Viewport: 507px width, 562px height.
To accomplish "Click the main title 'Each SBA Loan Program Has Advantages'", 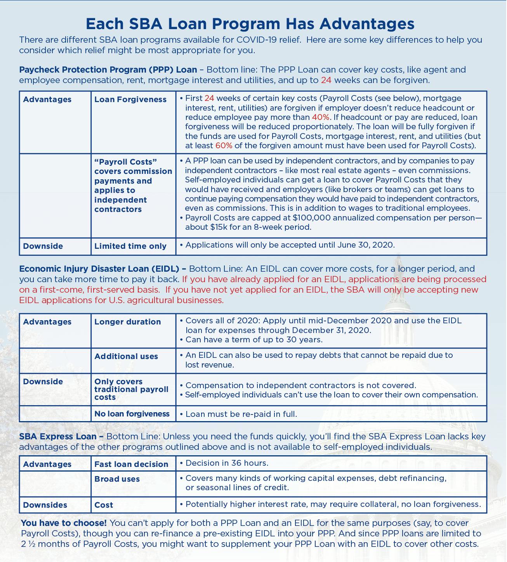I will point(250,24).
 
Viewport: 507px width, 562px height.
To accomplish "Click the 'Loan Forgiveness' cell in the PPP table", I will point(130,99).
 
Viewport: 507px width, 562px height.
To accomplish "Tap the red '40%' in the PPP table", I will point(321,117).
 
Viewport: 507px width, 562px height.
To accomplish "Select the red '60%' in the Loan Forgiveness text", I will point(224,146).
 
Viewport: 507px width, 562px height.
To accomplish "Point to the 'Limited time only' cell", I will point(130,246).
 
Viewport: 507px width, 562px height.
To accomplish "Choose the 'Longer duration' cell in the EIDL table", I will point(127,322).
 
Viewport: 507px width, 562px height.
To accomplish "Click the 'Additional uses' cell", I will point(126,356).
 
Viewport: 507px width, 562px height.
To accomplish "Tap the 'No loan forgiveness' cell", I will point(132,414).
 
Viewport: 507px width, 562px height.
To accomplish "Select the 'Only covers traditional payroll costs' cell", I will point(131,389).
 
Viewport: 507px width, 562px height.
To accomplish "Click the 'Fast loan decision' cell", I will point(131,464).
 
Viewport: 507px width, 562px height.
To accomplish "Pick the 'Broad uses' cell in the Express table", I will point(117,479).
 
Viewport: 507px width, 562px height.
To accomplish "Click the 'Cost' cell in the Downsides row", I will point(104,505).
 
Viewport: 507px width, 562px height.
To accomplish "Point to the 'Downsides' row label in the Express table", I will point(45,505).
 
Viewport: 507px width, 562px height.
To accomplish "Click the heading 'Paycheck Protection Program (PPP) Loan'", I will point(108,70).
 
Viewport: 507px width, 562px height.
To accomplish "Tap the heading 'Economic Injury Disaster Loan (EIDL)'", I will point(102,269).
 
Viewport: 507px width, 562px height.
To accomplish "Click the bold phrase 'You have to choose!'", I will point(64,523).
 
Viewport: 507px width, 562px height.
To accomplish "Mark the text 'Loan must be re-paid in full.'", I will point(241,414).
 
